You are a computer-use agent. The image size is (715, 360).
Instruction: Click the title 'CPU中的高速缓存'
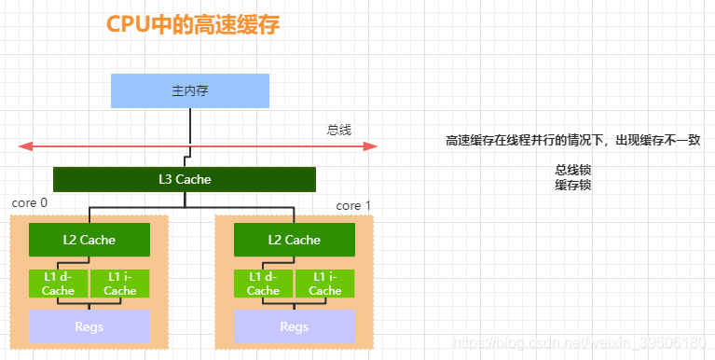click(x=193, y=26)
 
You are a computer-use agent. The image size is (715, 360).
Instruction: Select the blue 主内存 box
click(x=190, y=90)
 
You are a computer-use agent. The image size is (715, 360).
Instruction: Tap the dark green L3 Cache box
click(x=185, y=179)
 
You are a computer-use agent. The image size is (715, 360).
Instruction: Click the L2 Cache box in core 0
click(x=89, y=240)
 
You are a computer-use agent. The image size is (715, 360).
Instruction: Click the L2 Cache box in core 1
click(x=295, y=240)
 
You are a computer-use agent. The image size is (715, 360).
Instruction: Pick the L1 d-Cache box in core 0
click(x=59, y=284)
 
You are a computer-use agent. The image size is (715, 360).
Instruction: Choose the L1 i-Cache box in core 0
click(x=120, y=284)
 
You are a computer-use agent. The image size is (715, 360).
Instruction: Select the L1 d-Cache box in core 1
click(x=264, y=284)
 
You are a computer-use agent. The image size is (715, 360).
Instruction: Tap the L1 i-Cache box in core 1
click(x=325, y=284)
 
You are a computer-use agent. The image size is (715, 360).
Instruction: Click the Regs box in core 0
click(x=89, y=326)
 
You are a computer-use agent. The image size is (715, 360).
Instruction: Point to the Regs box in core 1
click(x=295, y=326)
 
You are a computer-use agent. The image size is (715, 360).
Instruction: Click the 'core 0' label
click(x=30, y=202)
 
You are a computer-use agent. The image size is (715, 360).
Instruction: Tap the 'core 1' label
click(x=353, y=205)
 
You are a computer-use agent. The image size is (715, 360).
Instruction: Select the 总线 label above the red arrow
click(x=339, y=130)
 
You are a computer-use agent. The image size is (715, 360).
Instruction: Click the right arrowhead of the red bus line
click(x=371, y=145)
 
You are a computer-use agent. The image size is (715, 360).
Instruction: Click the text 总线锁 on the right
click(x=573, y=171)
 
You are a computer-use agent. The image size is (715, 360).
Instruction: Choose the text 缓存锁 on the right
click(x=573, y=185)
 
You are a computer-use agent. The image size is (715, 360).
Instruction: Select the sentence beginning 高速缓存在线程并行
click(x=572, y=140)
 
